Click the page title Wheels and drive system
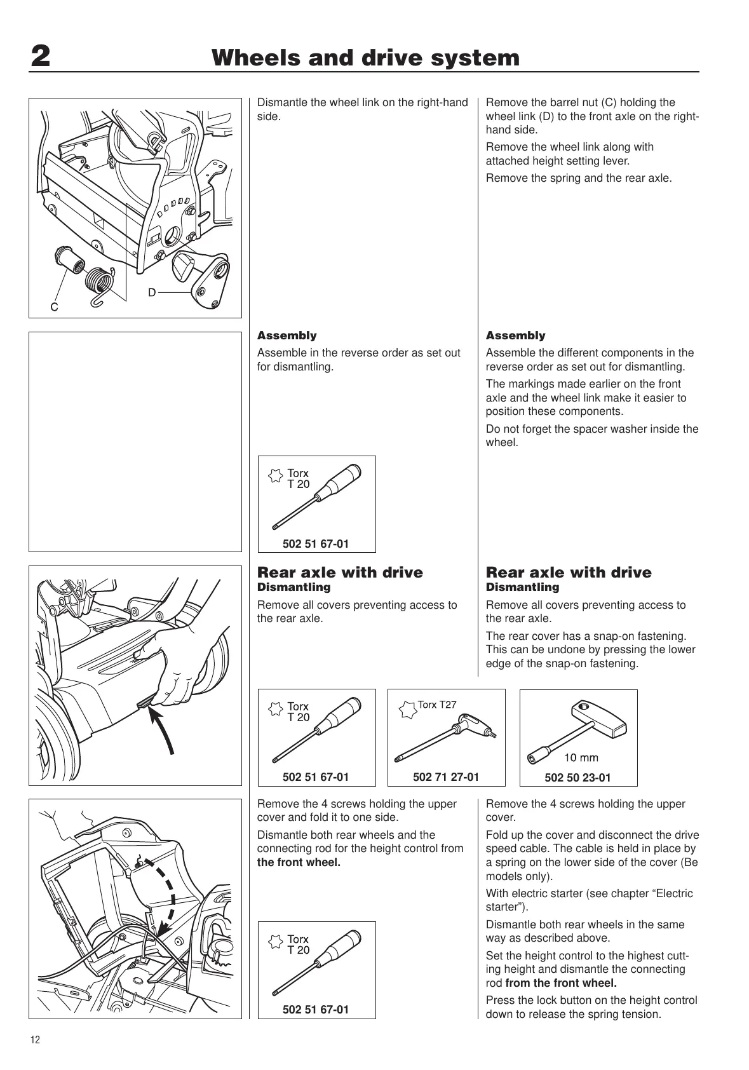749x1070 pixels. [x=365, y=58]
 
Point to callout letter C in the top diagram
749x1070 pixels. [x=55, y=308]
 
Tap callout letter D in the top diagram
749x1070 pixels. [x=152, y=293]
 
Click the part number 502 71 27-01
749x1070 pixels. [x=446, y=776]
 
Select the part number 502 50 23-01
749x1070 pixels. [x=577, y=777]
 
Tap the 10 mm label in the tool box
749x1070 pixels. [x=581, y=757]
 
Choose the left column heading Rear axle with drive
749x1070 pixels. [x=340, y=572]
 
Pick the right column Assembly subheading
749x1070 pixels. [x=515, y=335]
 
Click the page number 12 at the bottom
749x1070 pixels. [x=34, y=1040]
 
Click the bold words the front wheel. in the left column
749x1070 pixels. [x=299, y=862]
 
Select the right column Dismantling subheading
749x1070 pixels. [x=522, y=587]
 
